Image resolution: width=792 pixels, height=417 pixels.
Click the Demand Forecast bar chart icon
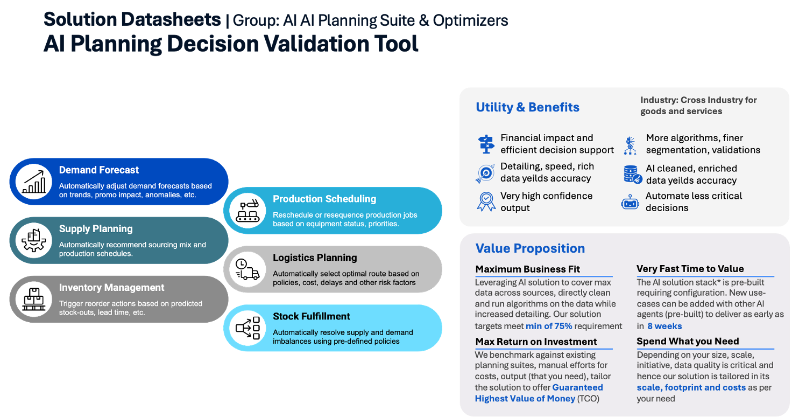(34, 182)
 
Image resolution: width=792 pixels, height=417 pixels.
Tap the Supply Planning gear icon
(33, 240)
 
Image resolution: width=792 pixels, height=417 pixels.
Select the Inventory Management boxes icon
(34, 299)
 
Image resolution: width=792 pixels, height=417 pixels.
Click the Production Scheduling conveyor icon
(247, 211)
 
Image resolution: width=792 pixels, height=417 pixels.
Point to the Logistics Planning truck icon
(247, 269)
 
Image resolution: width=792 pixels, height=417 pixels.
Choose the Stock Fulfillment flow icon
(247, 328)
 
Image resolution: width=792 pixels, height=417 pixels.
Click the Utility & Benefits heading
(527, 107)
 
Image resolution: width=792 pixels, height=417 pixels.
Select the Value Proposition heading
(530, 248)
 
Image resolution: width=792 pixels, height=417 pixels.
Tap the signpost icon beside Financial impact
(486, 144)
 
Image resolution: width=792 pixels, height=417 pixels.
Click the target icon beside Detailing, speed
(485, 173)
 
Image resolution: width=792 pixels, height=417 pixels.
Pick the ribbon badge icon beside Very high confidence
(486, 201)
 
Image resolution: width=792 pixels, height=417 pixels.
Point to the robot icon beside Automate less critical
(630, 203)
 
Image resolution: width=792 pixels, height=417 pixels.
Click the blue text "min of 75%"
(549, 326)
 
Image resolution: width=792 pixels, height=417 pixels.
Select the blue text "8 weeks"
(664, 326)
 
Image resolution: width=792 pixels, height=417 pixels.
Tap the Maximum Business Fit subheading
(527, 269)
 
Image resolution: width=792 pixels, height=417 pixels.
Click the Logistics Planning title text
(315, 258)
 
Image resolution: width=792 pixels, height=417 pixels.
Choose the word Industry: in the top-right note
(659, 100)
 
